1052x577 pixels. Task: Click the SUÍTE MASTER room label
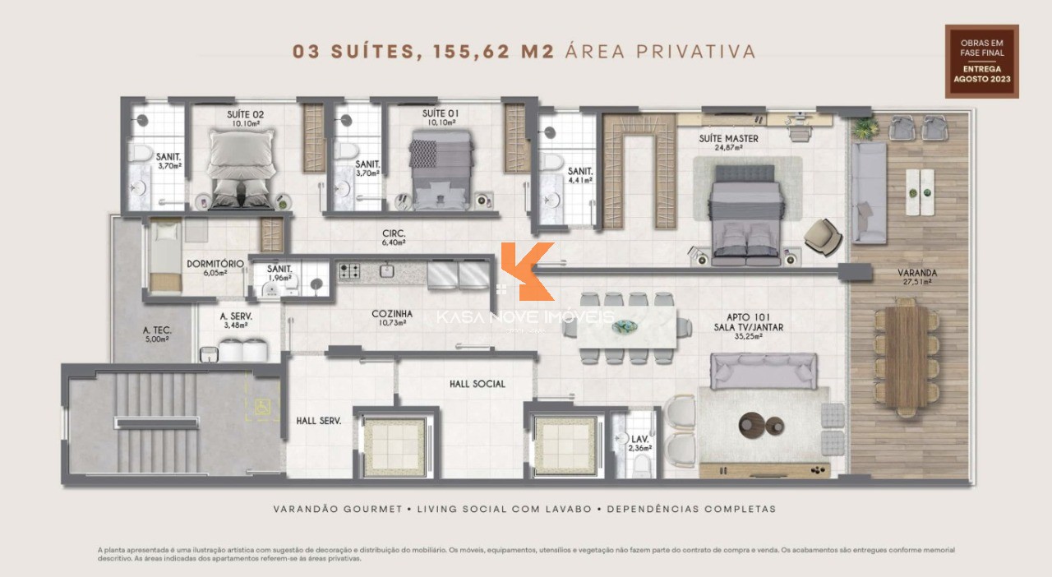(728, 139)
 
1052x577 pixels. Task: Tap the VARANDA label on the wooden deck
(917, 273)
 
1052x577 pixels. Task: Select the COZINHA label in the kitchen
(392, 314)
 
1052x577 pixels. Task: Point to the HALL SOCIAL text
(477, 384)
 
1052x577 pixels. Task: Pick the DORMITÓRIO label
(215, 264)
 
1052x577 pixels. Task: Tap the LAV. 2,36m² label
(639, 444)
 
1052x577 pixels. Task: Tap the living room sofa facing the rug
(764, 370)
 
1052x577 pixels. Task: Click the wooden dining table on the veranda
(906, 355)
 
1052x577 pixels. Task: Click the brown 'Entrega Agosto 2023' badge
(981, 62)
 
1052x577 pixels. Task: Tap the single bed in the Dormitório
(165, 256)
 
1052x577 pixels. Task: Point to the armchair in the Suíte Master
(823, 236)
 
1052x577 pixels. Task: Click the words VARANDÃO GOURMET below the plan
(338, 509)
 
